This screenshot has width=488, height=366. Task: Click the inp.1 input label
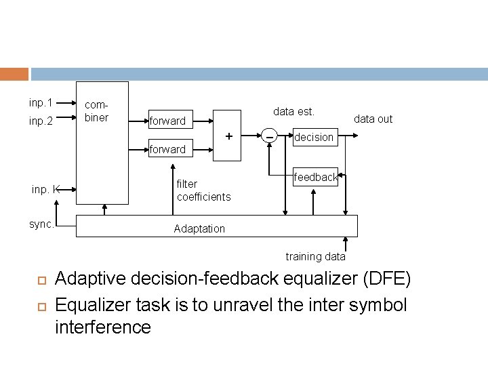pos(41,103)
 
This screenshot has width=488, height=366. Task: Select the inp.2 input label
pos(41,123)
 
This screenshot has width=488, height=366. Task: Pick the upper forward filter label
pos(167,121)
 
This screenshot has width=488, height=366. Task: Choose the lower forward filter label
pos(167,149)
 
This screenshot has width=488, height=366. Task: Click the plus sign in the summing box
pos(229,136)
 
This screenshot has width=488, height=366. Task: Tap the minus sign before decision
pos(269,138)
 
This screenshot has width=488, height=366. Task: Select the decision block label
pos(313,137)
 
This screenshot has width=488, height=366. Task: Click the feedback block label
pos(316,177)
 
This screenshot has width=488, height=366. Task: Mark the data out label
pos(373,119)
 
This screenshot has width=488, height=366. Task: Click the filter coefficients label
pos(203,190)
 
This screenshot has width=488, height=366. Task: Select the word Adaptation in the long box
pos(199,228)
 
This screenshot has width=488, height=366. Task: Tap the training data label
pos(315,256)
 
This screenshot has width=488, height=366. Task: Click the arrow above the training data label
pos(346,242)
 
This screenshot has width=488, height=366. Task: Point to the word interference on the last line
pos(103,327)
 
